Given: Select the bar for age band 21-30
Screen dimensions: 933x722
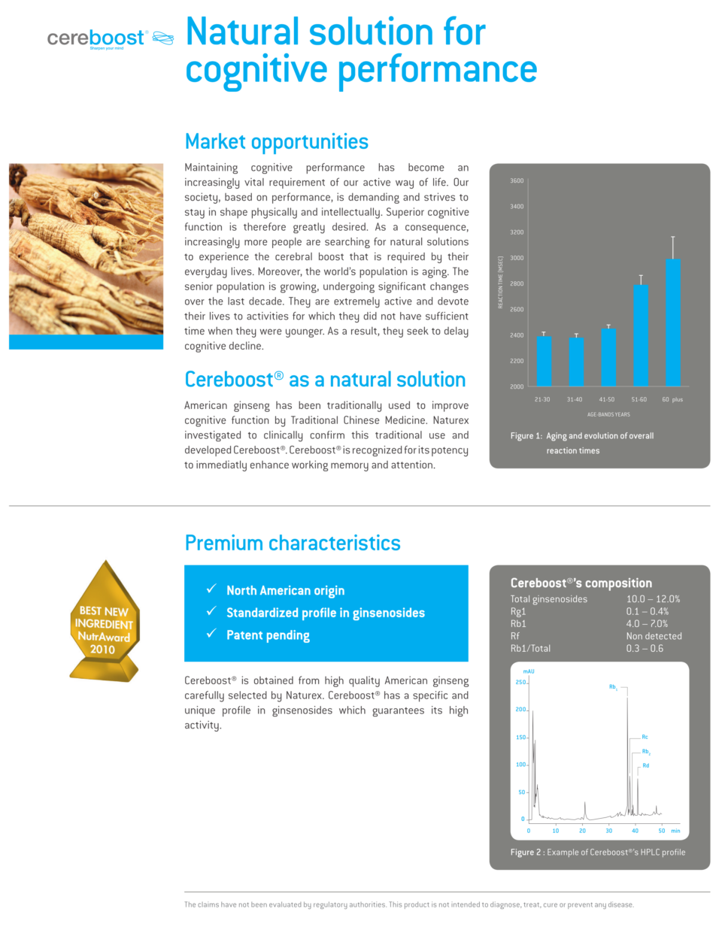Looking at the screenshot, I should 544,361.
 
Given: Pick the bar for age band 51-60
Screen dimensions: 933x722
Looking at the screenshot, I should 640,335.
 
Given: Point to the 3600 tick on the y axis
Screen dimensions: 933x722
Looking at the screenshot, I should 517,181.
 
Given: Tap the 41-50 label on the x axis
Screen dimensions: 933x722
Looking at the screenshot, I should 606,400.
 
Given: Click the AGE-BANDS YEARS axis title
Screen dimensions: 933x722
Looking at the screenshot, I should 608,414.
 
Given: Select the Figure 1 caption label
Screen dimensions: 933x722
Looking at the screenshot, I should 526,436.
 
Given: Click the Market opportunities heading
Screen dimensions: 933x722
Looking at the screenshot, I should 276,141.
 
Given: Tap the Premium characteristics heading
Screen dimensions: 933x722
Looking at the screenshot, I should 293,543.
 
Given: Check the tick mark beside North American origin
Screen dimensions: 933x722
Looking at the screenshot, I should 212,589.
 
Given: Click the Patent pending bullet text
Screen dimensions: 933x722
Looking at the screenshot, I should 268,635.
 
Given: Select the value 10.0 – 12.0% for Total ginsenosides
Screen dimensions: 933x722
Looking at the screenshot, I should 653,599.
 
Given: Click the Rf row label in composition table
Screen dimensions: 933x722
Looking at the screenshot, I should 515,636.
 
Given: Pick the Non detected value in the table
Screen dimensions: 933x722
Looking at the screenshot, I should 654,636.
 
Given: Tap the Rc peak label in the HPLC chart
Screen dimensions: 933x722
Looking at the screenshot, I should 645,737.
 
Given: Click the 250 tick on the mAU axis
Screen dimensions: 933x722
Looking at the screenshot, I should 520,683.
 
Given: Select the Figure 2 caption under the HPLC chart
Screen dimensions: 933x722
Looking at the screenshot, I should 597,853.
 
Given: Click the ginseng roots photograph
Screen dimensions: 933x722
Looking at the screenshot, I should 86,249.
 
